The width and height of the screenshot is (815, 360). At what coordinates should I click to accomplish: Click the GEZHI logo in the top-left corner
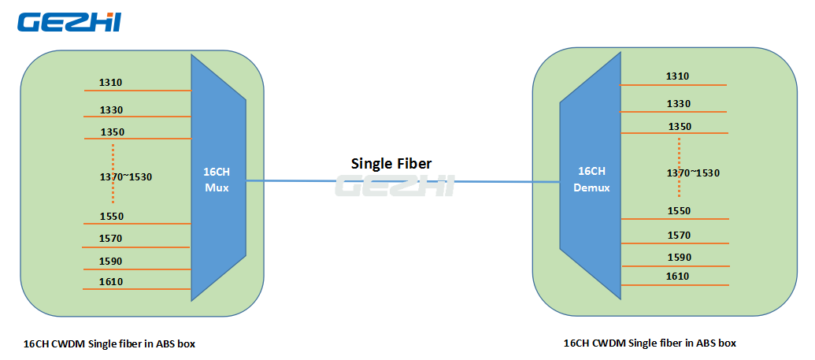coord(69,22)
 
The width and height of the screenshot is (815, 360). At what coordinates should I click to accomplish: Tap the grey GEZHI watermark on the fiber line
coord(395,185)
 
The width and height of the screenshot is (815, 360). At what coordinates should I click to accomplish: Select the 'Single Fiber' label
coord(391,163)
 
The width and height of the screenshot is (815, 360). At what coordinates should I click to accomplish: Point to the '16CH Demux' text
coord(591,180)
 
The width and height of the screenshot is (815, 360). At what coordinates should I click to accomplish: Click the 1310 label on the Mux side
coord(111,82)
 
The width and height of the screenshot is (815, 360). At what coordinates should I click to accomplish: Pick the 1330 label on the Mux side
coord(111,109)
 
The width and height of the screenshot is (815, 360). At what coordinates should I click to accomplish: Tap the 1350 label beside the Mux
coord(113,132)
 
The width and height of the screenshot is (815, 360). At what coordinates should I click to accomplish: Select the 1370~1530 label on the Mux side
coord(126,176)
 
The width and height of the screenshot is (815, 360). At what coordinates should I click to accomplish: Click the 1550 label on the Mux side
coord(112,216)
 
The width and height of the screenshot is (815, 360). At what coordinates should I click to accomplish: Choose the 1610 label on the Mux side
coord(111,281)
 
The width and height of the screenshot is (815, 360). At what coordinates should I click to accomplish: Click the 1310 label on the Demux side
coord(678,76)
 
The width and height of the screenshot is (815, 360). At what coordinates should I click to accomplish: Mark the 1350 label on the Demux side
coord(680,126)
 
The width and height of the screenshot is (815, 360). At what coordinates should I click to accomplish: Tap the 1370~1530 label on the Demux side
coord(694,173)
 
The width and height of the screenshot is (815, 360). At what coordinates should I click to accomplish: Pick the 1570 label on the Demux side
coord(680,236)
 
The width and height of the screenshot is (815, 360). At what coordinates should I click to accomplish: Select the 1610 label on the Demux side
coord(678,276)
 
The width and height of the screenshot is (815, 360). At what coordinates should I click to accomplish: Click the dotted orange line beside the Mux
coord(113,173)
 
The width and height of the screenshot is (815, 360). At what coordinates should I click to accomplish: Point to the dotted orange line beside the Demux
coord(680,168)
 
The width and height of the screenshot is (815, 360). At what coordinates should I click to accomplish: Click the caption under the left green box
coord(109,344)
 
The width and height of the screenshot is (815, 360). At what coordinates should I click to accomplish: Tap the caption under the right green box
coord(650,343)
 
